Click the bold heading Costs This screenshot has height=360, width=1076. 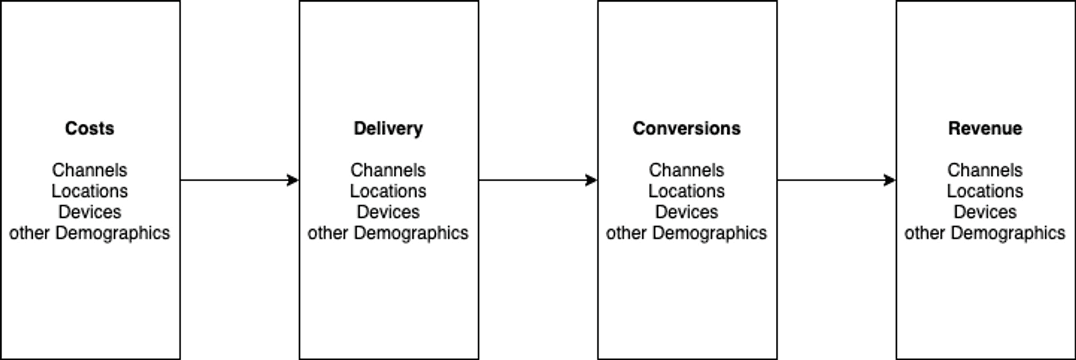click(89, 129)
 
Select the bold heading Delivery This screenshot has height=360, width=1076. click(388, 129)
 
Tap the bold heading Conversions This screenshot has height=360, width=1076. click(686, 129)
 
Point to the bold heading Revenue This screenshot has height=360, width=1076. click(985, 129)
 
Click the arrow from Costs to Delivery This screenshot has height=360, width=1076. click(239, 180)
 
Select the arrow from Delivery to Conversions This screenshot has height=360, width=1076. click(538, 180)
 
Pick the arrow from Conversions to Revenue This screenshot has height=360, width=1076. click(837, 180)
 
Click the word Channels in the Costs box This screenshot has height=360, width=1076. click(89, 170)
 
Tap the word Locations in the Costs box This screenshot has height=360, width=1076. click(89, 191)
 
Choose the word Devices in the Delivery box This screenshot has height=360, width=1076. click(388, 212)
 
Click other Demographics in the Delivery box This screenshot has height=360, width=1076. click(388, 233)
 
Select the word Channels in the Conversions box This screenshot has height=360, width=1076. click(686, 170)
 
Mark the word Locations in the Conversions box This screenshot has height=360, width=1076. click(686, 191)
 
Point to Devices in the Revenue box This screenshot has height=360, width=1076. click(985, 212)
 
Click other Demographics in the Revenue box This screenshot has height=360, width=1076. click(985, 233)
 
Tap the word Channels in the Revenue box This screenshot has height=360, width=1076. click(985, 170)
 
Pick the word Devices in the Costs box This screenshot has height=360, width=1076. click(89, 212)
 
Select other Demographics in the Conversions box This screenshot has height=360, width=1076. click(686, 233)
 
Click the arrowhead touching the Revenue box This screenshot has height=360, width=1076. click(890, 180)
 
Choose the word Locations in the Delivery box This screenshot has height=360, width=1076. click(388, 191)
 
